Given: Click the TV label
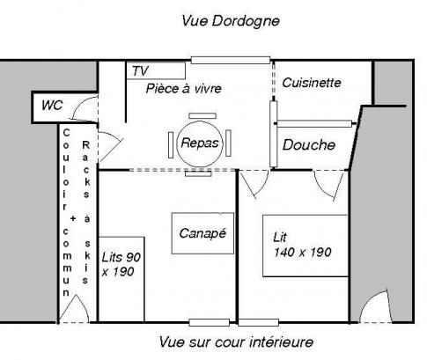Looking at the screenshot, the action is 140,71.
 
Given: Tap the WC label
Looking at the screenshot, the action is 52,106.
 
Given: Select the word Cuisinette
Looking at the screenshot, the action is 312,83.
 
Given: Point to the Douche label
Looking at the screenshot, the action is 309,145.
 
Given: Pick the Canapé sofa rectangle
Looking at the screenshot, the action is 202,233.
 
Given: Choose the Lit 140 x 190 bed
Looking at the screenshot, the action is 306,246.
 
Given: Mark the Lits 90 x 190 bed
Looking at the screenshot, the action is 121,279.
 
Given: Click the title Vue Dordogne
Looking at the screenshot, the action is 231,21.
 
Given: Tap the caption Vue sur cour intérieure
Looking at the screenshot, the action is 236,342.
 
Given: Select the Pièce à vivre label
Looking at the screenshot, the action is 184,89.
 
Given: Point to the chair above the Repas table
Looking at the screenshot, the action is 202,116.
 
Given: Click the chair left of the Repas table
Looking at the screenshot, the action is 171,145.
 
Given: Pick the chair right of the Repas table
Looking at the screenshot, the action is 228,143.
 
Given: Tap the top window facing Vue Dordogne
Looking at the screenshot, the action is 231,61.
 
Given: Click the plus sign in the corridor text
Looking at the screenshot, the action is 73,218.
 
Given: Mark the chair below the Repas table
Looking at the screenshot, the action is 198,173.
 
